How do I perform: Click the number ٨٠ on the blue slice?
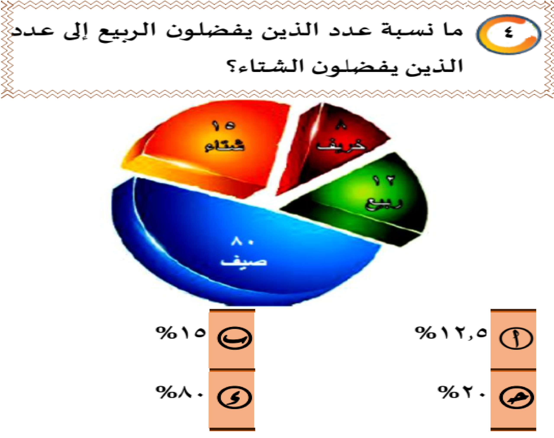[243, 242]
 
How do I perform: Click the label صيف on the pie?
[244, 262]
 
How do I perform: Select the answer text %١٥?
[181, 333]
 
